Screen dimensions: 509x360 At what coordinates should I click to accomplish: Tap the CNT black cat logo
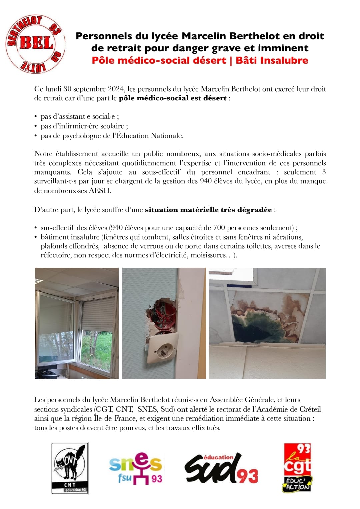point(70,468)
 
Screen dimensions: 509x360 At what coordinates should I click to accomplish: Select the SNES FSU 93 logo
point(136,468)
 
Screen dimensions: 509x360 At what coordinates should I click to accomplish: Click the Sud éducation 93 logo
point(221,468)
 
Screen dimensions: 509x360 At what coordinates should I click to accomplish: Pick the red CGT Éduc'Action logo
point(297,468)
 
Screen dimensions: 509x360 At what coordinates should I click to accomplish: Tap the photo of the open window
point(77,323)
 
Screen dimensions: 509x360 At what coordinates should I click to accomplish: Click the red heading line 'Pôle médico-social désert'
point(159,60)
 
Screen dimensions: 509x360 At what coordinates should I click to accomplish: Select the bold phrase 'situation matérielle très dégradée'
point(208,210)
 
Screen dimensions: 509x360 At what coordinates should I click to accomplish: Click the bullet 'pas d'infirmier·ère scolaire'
point(84,126)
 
